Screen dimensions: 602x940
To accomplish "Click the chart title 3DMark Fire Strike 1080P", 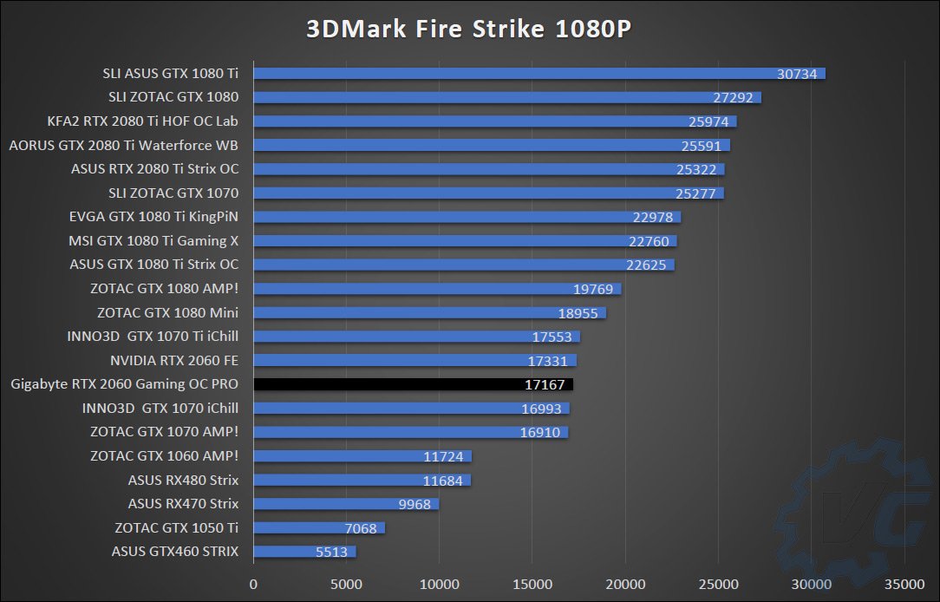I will tap(469, 29).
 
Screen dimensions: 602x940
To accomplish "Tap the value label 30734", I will tap(797, 74).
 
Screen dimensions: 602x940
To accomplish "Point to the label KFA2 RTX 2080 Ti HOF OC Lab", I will tap(143, 121).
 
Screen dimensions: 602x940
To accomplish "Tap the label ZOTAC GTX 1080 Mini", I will tap(168, 313).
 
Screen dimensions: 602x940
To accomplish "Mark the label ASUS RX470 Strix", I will tap(183, 504).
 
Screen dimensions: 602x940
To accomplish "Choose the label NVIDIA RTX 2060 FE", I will tap(174, 361).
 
